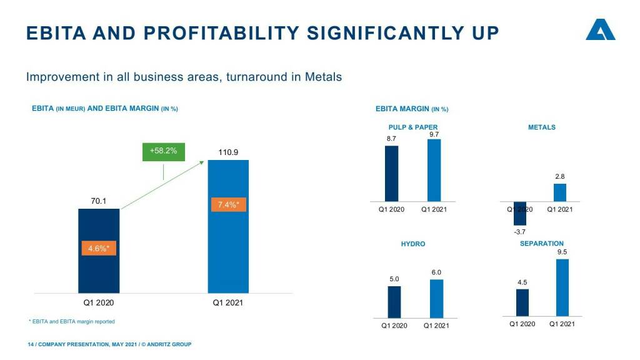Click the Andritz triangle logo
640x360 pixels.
click(600, 31)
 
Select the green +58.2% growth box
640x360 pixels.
click(163, 151)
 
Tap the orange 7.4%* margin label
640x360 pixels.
click(228, 204)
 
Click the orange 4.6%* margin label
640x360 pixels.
click(99, 248)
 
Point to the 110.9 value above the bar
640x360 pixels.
click(228, 152)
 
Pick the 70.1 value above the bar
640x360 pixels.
click(99, 201)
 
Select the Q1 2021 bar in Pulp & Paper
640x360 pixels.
click(434, 170)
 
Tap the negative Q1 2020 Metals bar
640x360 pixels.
click(520, 213)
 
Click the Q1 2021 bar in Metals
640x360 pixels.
click(560, 192)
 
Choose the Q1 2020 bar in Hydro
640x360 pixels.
click(394, 302)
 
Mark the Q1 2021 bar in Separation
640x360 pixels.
click(562, 287)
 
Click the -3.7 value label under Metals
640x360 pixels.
click(519, 232)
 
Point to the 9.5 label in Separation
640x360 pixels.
click(562, 252)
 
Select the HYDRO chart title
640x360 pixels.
click(412, 244)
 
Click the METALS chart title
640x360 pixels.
click(541, 127)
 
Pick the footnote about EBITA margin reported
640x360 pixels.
click(72, 321)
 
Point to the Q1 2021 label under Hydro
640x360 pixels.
click(436, 326)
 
